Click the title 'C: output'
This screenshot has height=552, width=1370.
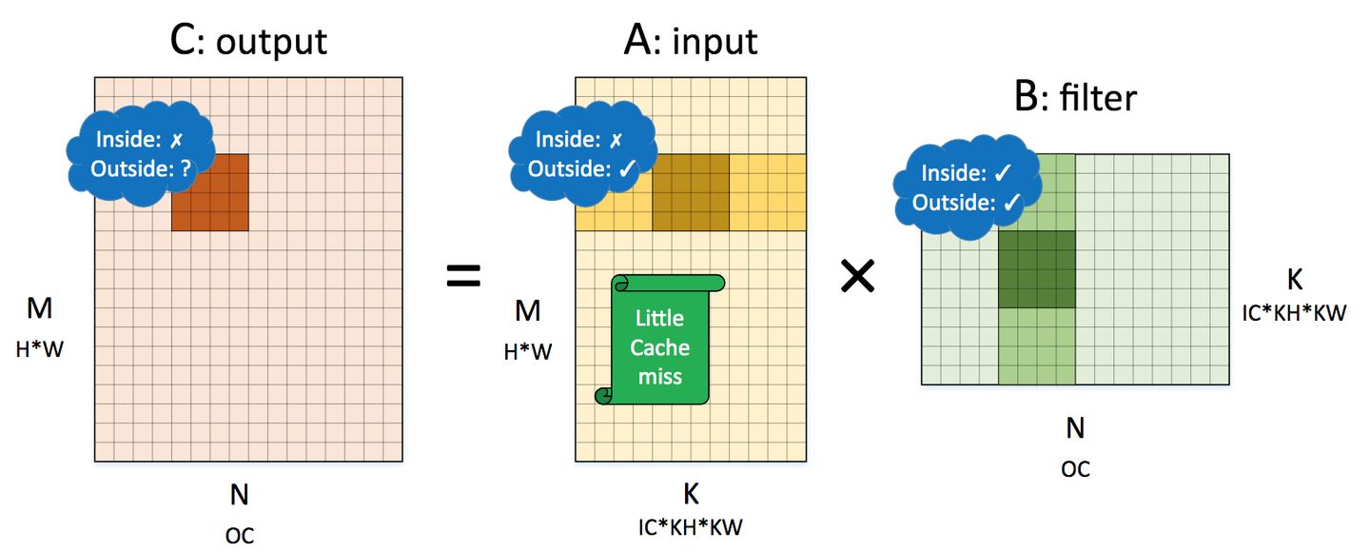247,40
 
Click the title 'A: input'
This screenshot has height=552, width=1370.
690,40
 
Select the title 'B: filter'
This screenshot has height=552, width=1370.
1075,97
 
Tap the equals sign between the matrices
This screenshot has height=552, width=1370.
463,278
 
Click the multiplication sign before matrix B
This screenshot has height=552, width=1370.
859,277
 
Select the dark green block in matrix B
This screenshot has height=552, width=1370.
1036,269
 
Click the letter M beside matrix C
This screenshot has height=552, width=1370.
40,308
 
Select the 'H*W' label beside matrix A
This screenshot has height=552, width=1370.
527,352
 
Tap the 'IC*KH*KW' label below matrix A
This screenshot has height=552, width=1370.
691,526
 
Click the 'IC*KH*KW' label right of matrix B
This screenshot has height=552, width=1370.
1295,311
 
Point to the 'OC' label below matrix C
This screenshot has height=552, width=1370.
240,535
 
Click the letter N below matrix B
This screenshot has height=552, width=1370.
1075,428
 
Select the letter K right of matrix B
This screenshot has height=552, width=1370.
1294,279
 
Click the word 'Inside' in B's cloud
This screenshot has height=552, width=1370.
948,173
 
